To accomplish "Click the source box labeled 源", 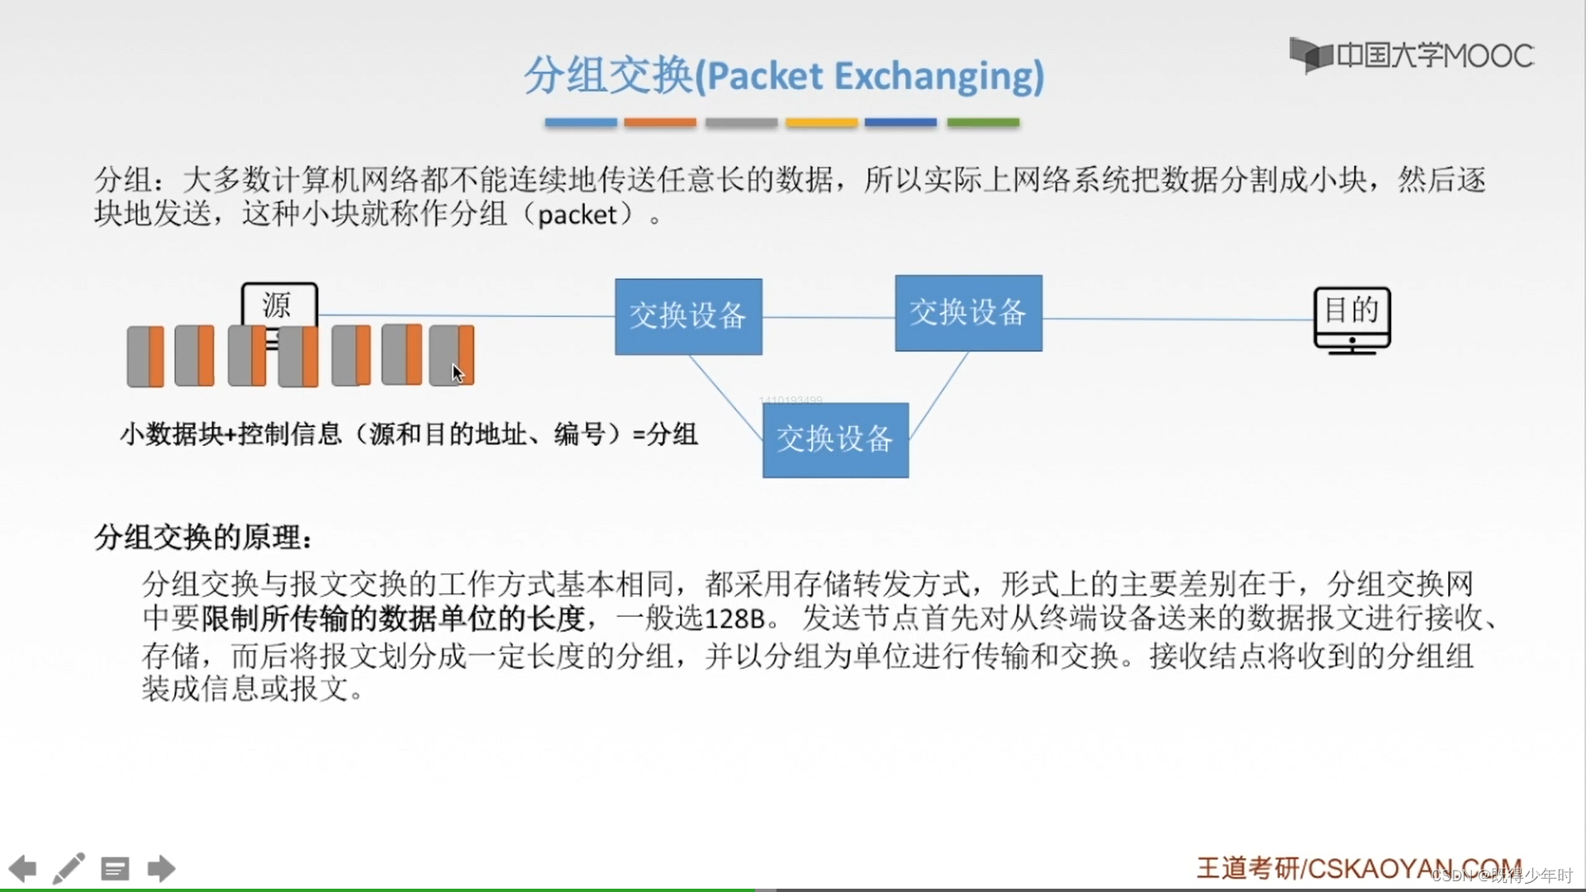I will [278, 305].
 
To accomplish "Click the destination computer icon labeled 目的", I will [1351, 320].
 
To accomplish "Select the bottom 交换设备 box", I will [835, 439].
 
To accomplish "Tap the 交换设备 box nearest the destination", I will [968, 313].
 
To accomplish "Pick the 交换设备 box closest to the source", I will [688, 316].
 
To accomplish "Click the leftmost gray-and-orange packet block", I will [145, 356].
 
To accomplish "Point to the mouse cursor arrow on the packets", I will [457, 372].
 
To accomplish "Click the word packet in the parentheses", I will [577, 215].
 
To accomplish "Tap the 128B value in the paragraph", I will [734, 619].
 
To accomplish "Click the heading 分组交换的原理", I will [202, 538].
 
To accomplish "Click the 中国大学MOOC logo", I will [1412, 55].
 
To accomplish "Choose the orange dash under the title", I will [659, 122].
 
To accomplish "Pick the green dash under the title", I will [982, 122].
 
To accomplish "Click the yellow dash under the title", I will [821, 122].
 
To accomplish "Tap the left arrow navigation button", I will [23, 868].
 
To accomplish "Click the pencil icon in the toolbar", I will [69, 868].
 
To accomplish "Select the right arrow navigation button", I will [161, 868].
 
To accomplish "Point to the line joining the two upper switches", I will [829, 317].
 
